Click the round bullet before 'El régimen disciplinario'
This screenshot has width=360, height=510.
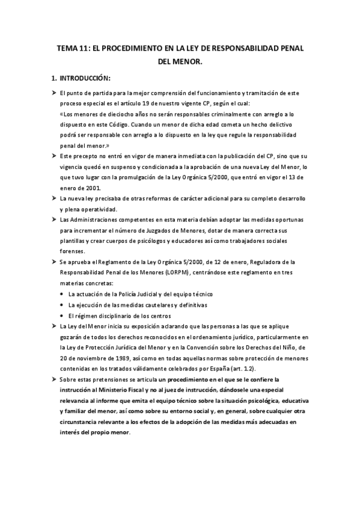[63, 316]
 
